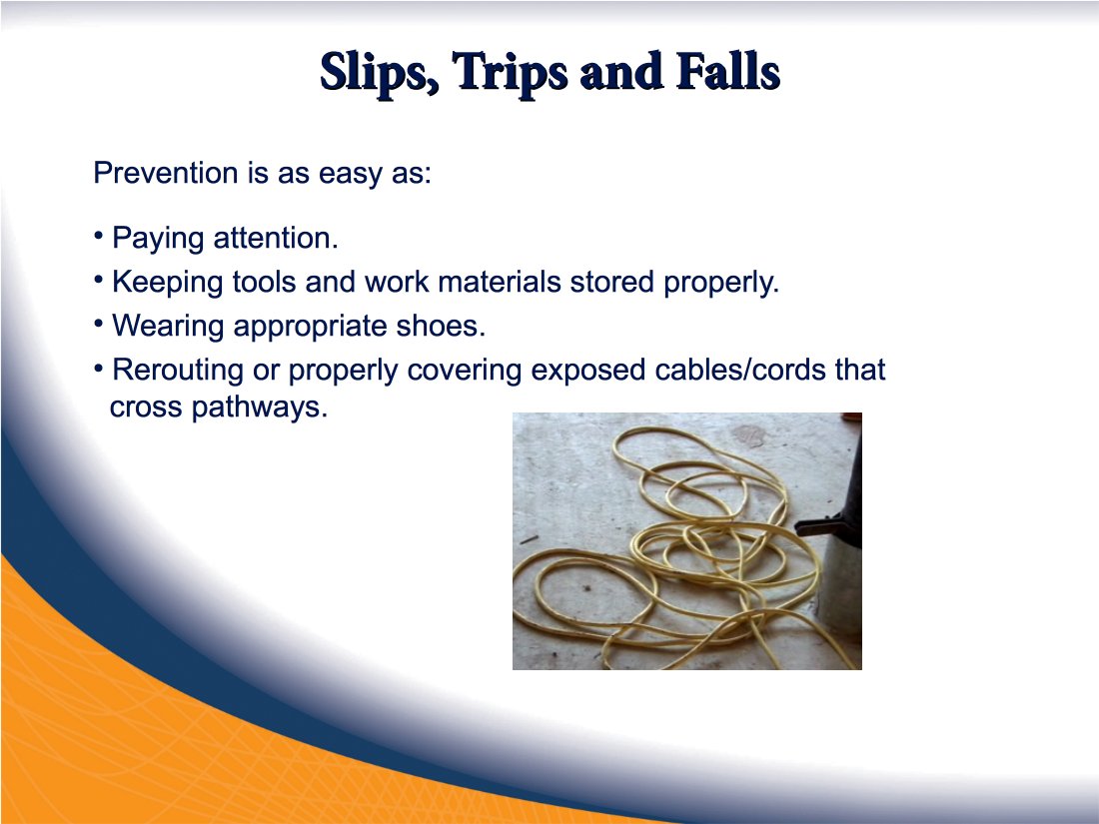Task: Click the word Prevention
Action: tap(166, 173)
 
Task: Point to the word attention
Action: tap(276, 238)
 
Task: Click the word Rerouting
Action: tap(178, 370)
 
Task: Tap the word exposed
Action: tap(588, 371)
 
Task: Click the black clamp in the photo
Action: tap(827, 523)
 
